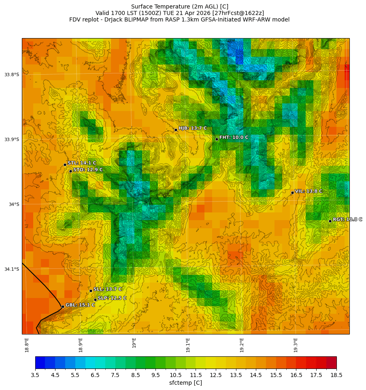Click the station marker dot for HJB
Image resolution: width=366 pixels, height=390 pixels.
point(176,130)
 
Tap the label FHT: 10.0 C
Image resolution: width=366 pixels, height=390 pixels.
point(234,137)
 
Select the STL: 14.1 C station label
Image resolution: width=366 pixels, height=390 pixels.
point(82,163)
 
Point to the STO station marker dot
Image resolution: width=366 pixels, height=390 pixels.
point(70,171)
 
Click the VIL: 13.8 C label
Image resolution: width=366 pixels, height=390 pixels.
point(309,191)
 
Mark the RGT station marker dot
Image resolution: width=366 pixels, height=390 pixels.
point(330,221)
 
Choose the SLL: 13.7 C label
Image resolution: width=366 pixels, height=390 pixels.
point(108,289)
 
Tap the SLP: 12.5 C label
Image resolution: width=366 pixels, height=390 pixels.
point(112,298)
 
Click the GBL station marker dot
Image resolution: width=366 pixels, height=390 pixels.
point(63,306)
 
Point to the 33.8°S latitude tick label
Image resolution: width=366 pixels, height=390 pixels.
point(12,75)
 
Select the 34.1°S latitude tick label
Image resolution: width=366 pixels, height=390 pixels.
point(12,269)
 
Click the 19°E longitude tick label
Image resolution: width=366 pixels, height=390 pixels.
point(134,343)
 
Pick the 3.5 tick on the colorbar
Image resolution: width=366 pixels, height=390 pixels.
point(35,375)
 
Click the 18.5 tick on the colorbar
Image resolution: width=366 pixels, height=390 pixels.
point(336,375)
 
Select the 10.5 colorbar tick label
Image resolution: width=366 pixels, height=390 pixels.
point(176,375)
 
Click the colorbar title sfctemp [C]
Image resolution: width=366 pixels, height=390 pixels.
point(185,383)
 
